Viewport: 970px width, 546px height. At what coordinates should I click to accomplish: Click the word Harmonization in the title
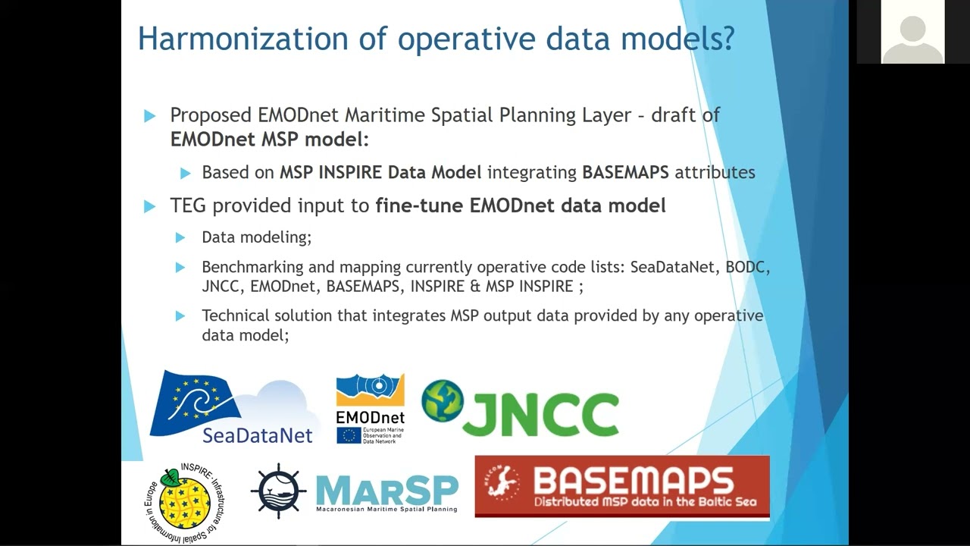click(243, 39)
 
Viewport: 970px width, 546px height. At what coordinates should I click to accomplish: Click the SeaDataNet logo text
click(257, 435)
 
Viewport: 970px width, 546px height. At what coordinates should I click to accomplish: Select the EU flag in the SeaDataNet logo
click(195, 403)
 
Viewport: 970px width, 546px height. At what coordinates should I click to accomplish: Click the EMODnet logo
click(371, 409)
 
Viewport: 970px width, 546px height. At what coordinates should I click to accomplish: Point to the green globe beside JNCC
click(442, 401)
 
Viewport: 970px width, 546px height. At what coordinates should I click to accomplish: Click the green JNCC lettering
click(540, 414)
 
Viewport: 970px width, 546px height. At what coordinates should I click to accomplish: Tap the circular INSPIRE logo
click(185, 502)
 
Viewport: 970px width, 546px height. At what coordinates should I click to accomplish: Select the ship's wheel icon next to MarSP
click(278, 491)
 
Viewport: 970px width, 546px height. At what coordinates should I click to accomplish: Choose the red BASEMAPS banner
click(622, 486)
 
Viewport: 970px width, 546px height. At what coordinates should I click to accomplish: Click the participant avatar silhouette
click(913, 39)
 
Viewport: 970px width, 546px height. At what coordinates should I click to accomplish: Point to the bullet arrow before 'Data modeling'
click(180, 238)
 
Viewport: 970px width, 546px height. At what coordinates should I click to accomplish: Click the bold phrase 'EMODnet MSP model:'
click(269, 140)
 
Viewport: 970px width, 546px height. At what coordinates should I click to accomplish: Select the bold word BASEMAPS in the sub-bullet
click(625, 172)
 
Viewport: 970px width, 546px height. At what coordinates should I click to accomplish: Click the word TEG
click(188, 206)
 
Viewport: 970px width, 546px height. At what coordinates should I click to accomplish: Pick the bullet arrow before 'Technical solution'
click(180, 316)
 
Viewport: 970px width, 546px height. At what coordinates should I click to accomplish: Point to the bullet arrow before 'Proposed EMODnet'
click(149, 116)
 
